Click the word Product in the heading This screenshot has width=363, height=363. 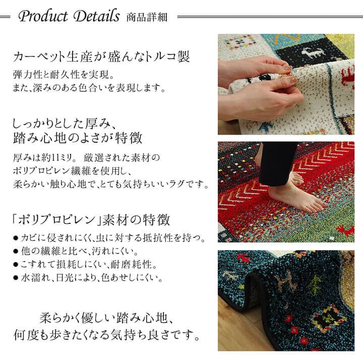pyautogui.click(x=43, y=17)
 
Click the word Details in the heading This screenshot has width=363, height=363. pyautogui.click(x=97, y=16)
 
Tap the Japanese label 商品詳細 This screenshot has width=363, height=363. pyautogui.click(x=147, y=18)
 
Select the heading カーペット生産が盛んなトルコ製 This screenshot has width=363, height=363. pyautogui.click(x=101, y=56)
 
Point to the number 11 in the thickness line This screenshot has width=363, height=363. pyautogui.click(x=57, y=158)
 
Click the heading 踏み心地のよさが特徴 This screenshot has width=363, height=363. pyautogui.click(x=78, y=138)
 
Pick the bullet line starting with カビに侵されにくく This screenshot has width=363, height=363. pyautogui.click(x=109, y=238)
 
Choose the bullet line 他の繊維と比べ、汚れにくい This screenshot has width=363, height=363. pyautogui.click(x=76, y=251)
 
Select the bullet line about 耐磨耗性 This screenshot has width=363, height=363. pyautogui.click(x=85, y=264)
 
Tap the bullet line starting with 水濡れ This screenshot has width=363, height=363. pyautogui.click(x=88, y=278)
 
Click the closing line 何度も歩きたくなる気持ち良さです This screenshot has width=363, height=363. pyautogui.click(x=107, y=335)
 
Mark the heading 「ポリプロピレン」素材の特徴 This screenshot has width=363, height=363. pyautogui.click(x=91, y=220)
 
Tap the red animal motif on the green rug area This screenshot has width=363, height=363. pyautogui.click(x=345, y=230)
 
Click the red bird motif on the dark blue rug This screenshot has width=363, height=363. pyautogui.click(x=243, y=258)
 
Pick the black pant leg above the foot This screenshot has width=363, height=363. pyautogui.click(x=278, y=164)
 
